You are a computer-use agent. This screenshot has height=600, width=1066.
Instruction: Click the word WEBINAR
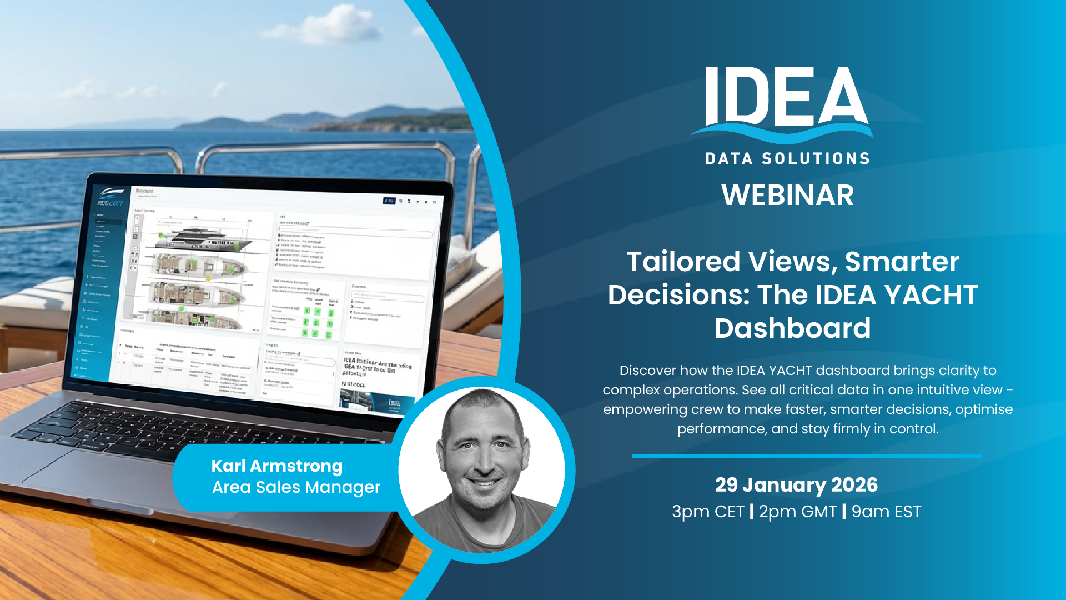point(787,196)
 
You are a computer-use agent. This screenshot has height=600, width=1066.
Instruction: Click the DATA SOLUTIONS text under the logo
point(787,159)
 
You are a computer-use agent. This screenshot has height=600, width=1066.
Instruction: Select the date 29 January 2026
point(796,485)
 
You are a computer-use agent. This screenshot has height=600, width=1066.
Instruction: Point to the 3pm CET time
point(707,512)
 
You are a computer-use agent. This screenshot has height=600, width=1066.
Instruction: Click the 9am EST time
point(886,512)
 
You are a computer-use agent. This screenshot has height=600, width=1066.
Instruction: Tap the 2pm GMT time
point(797,512)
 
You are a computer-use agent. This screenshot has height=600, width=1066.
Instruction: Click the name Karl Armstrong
point(276,466)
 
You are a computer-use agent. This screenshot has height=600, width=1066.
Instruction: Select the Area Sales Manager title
point(296,487)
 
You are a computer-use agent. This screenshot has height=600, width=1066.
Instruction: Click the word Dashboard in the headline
point(792,328)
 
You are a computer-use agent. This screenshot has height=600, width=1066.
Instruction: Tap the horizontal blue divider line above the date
point(806,456)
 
